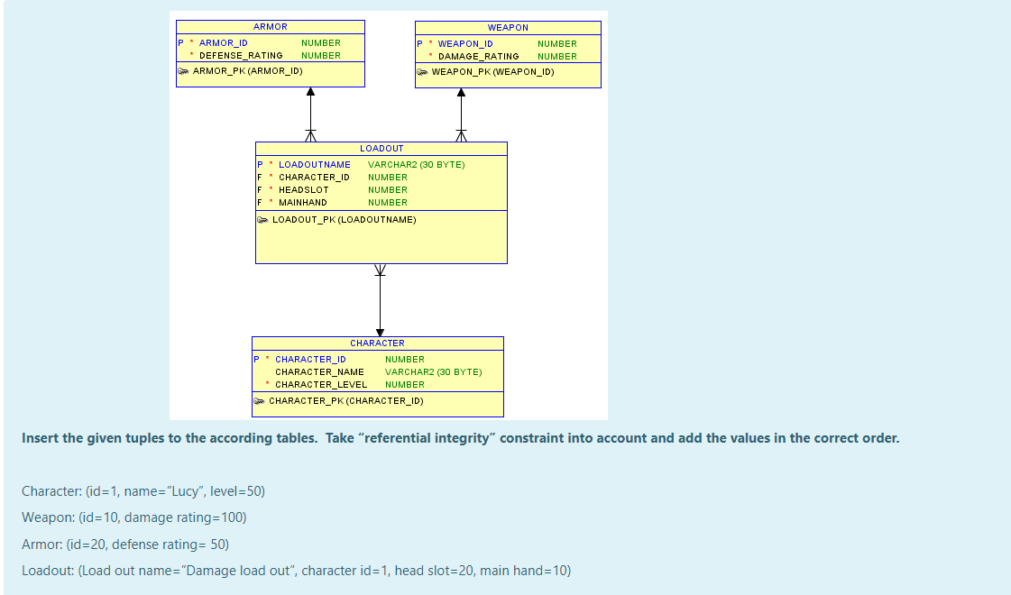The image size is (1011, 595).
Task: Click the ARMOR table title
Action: [271, 27]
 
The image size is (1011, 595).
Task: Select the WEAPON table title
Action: [508, 28]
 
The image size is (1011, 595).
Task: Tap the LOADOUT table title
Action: [381, 148]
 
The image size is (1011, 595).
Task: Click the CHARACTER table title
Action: [377, 343]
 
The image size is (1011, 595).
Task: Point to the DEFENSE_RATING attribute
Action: [241, 56]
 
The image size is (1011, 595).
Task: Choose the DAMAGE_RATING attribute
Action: [478, 57]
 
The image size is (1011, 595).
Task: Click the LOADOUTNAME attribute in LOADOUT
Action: [314, 165]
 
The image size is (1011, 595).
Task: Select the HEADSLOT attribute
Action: [303, 190]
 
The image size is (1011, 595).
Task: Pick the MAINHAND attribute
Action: [302, 203]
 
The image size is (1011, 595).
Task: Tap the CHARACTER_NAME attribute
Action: [319, 372]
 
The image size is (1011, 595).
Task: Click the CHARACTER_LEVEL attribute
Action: [321, 385]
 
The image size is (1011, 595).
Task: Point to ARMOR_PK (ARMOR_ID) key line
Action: [247, 70]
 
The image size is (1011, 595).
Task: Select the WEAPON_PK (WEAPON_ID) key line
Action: [492, 71]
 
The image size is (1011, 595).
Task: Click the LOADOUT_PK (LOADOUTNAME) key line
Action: [344, 219]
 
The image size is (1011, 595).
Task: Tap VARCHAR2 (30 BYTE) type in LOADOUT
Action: [416, 165]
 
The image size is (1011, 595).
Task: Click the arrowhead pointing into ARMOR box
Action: [310, 91]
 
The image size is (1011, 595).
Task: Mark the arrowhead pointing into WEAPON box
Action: [461, 92]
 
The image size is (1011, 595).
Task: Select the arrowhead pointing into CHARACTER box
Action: [380, 332]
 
